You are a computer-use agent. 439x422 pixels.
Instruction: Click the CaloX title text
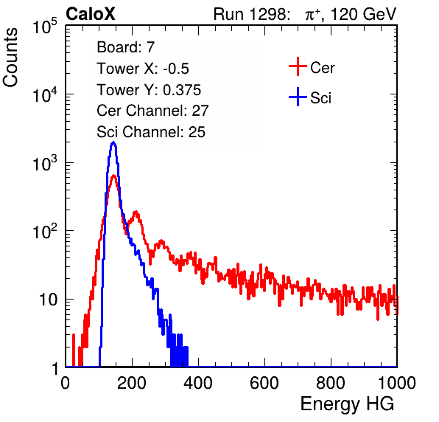tap(90, 14)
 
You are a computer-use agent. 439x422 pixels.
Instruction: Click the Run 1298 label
tap(251, 14)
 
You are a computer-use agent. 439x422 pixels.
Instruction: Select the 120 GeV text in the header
tap(364, 14)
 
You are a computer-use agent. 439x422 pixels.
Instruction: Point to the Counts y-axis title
tap(10, 58)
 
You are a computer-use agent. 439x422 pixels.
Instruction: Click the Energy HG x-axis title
tap(347, 404)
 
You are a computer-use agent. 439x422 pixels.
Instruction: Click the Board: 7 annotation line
tap(126, 46)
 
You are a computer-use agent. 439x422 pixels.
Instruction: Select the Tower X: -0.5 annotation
tap(143, 69)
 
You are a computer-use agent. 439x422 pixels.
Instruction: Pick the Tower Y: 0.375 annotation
tap(149, 90)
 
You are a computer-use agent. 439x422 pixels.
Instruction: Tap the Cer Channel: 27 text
tap(152, 111)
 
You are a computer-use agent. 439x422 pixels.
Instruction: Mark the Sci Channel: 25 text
tap(151, 132)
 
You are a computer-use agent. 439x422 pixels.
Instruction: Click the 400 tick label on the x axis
tap(198, 383)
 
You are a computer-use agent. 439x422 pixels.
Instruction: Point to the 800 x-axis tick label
tap(331, 383)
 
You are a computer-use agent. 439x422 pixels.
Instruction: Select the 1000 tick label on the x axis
tap(397, 383)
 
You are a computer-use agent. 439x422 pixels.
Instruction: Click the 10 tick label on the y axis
tap(48, 300)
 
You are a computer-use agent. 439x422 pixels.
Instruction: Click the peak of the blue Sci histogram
tap(113, 142)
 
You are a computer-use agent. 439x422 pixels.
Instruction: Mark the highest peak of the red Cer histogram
tap(113, 176)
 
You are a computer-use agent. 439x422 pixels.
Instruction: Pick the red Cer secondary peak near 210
tap(136, 212)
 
